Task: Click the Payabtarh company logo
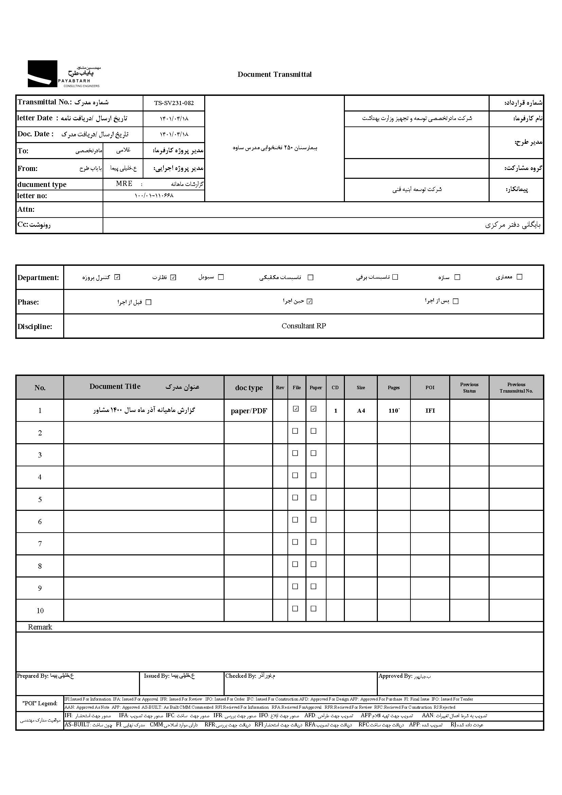point(64,74)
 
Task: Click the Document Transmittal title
point(275,74)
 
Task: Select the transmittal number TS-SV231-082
point(174,103)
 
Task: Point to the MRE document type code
point(124,184)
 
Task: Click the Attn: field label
point(26,209)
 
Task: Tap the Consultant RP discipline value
point(303,326)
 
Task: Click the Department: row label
point(38,278)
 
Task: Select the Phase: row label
point(29,302)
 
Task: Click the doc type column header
point(248,388)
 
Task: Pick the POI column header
point(430,387)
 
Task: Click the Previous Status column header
point(469,388)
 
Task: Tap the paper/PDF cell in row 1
point(248,411)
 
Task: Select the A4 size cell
point(361,411)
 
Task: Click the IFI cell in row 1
point(430,411)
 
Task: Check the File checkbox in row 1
point(296,409)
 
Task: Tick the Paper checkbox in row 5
point(314,498)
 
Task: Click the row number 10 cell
point(40,611)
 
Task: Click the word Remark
point(40,627)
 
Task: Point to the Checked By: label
point(241,676)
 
